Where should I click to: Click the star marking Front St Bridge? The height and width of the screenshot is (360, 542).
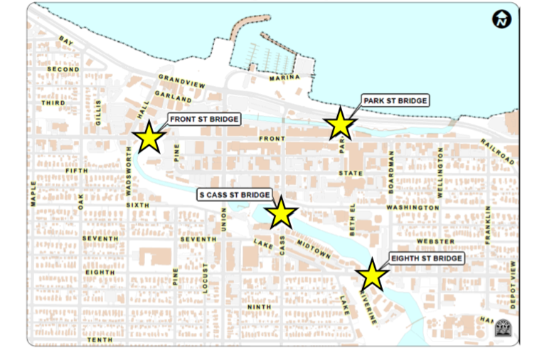point(149,137)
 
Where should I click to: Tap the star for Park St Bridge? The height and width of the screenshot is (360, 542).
point(340,125)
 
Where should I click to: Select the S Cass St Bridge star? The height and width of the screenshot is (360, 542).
point(281,213)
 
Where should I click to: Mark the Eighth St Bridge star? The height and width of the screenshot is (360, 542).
point(372,275)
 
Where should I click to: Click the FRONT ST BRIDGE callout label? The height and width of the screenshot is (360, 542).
point(203,119)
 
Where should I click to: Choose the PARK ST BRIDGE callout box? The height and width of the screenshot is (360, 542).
point(395,101)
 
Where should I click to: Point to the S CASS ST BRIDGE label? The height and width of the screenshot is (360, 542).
point(234,194)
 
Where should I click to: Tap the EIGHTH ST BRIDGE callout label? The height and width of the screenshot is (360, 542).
point(427,258)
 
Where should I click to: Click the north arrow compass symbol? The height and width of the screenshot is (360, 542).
point(502,20)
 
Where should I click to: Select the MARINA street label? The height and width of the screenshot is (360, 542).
point(285,78)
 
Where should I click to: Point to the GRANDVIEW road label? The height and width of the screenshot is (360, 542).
point(181,81)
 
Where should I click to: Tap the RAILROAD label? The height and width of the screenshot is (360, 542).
point(496,152)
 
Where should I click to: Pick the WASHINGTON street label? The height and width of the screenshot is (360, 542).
point(413,208)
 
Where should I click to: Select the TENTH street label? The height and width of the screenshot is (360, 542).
point(100,340)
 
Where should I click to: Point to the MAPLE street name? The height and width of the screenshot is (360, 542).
point(33,193)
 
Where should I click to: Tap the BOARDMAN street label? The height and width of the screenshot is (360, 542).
point(390,168)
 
